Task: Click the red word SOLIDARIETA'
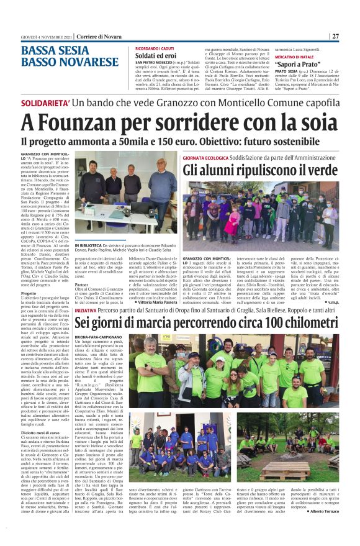pos(44,100)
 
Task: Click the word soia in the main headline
pos(312,119)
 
